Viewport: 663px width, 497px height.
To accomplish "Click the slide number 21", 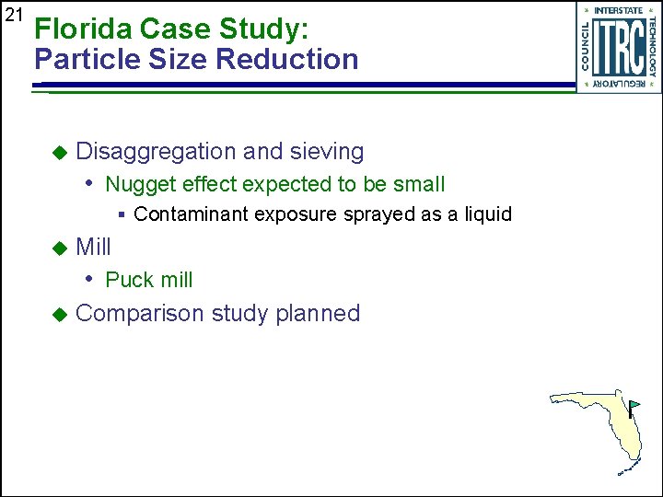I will tap(13, 15).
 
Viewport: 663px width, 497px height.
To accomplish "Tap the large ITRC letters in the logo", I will tap(618, 48).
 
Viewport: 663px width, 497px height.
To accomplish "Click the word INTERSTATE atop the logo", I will tap(618, 10).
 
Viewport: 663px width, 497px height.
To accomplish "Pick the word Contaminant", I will tap(191, 214).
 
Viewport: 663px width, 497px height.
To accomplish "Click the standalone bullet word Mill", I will tap(93, 247).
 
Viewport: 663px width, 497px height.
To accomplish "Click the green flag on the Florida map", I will tap(635, 404).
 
